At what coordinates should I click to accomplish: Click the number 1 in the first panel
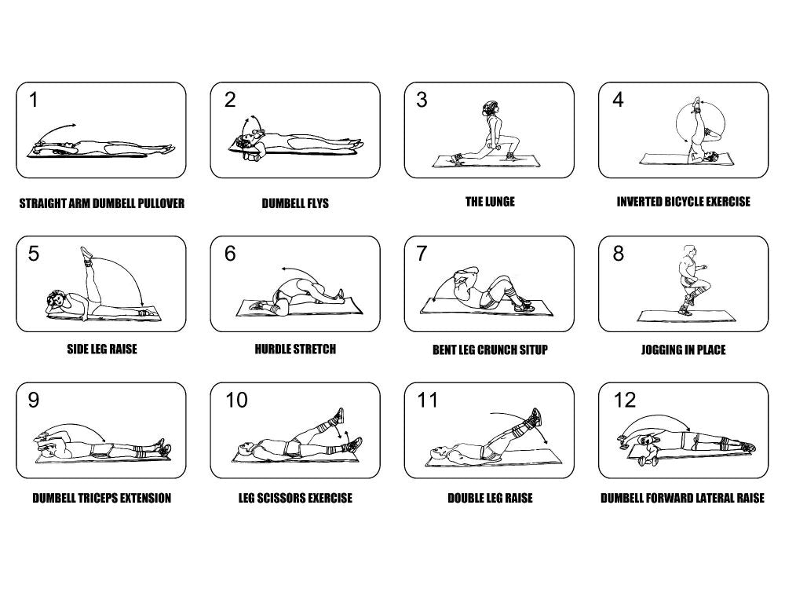tap(33, 100)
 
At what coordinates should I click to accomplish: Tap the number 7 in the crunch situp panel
tap(422, 254)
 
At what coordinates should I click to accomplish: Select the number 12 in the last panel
tap(624, 400)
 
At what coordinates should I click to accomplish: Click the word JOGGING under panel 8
tap(661, 349)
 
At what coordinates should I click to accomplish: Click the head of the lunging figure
tap(490, 108)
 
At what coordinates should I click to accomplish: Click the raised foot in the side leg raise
tap(86, 252)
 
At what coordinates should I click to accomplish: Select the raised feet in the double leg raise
tap(535, 417)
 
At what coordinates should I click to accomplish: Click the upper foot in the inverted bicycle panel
tap(696, 103)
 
